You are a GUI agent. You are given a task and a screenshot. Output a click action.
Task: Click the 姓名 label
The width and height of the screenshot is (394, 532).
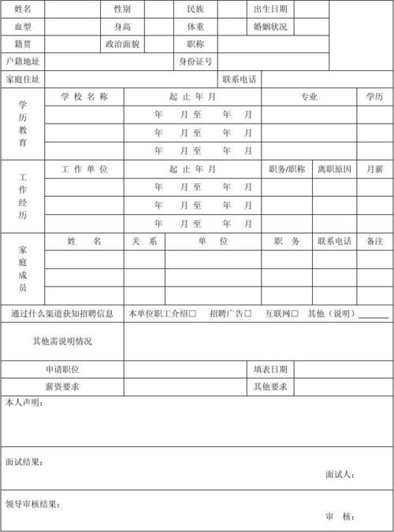click(23, 9)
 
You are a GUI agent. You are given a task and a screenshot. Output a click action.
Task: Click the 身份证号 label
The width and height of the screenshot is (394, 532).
click(195, 61)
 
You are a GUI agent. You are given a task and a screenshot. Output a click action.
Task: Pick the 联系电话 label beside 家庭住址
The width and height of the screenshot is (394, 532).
click(240, 79)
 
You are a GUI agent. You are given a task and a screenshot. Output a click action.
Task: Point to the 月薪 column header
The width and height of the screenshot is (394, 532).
click(374, 169)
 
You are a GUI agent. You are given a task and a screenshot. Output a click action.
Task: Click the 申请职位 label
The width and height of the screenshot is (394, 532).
click(62, 369)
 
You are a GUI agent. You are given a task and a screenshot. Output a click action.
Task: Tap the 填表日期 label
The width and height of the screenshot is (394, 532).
click(270, 369)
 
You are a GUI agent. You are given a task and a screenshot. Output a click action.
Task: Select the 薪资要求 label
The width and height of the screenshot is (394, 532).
click(62, 386)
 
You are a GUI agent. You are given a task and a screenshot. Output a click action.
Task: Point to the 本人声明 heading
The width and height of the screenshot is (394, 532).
click(24, 403)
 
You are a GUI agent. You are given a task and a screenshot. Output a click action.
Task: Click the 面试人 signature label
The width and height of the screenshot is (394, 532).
click(340, 475)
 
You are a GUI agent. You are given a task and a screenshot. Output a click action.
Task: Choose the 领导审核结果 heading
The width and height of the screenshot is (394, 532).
click(32, 504)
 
